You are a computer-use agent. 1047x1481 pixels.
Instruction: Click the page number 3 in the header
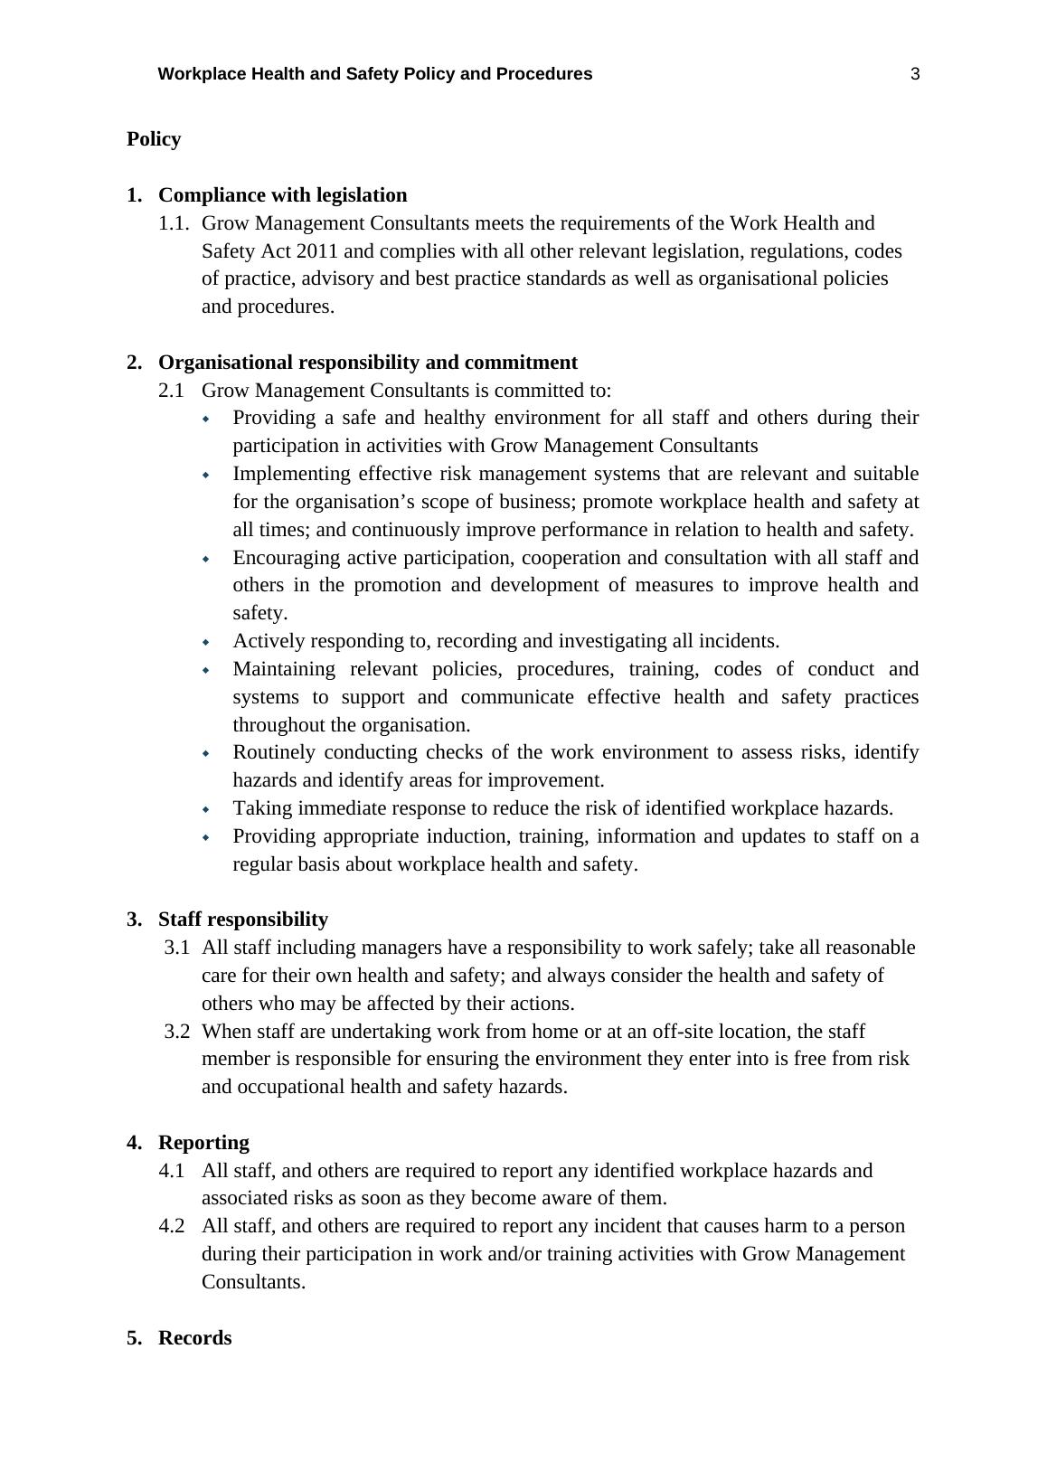click(x=915, y=74)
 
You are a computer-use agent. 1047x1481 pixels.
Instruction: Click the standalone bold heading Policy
click(x=154, y=139)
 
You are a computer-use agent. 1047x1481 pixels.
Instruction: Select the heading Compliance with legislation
click(x=282, y=195)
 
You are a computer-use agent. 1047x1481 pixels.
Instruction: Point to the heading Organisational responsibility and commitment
click(x=367, y=363)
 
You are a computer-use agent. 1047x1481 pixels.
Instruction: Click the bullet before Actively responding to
click(x=206, y=642)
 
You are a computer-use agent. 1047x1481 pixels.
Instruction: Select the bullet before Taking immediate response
click(x=206, y=809)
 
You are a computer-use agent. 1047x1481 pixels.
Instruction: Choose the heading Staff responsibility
click(x=242, y=920)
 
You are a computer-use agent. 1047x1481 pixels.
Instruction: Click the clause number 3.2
click(x=177, y=1032)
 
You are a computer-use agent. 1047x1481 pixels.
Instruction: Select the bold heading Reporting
click(x=203, y=1143)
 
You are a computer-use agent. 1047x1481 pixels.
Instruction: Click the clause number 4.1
click(x=172, y=1171)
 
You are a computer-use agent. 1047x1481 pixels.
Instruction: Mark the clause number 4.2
click(x=172, y=1226)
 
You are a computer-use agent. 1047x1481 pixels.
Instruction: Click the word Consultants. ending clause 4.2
click(x=253, y=1282)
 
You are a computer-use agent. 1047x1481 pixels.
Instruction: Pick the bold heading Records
click(x=194, y=1338)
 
